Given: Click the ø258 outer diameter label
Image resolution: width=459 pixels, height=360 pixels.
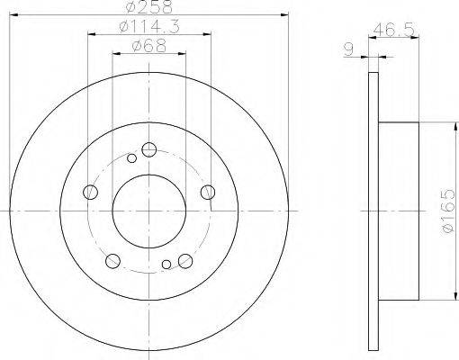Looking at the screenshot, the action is click(149, 6).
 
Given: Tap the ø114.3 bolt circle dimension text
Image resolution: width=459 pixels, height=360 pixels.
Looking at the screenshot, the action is click(149, 27).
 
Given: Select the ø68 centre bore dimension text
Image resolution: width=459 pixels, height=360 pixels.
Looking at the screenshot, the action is click(148, 46).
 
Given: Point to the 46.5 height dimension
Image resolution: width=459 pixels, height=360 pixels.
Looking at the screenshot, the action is click(394, 30).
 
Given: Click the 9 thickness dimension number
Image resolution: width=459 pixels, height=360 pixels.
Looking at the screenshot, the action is click(348, 49).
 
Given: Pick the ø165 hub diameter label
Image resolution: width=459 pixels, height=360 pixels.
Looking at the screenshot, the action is click(448, 211).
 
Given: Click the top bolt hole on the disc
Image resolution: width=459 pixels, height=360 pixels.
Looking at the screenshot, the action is click(149, 149).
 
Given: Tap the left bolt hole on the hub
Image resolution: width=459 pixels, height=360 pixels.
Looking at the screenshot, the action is click(90, 192).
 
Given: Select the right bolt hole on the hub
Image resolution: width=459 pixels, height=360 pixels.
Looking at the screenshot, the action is click(208, 192).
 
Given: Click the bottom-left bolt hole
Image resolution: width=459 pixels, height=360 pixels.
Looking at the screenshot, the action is click(112, 261).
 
